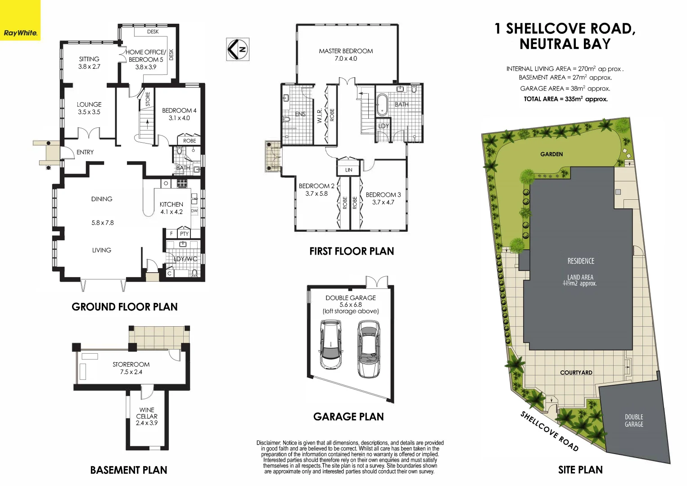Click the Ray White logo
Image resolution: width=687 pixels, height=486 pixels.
click(x=20, y=33)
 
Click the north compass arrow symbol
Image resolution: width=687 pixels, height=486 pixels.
click(x=237, y=49)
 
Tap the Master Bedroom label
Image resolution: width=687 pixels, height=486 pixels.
click(x=346, y=54)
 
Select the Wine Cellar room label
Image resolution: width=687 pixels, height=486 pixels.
click(x=147, y=416)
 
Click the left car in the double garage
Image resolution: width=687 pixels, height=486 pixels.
click(x=330, y=344)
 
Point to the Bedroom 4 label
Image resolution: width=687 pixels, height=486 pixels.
click(x=179, y=114)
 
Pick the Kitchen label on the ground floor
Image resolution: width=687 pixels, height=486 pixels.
click(x=172, y=207)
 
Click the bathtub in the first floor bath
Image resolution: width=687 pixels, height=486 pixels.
click(x=382, y=105)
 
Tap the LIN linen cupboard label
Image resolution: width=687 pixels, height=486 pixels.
click(x=349, y=170)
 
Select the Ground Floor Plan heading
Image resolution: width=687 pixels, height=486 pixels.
click(x=125, y=307)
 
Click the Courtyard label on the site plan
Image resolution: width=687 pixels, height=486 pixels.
click(x=576, y=373)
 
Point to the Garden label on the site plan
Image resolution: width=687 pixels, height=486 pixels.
click(x=551, y=154)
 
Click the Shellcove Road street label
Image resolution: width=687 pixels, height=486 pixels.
click(x=549, y=431)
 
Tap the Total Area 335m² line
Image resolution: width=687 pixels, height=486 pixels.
click(x=565, y=99)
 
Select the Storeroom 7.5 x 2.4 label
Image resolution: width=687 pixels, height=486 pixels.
click(x=131, y=368)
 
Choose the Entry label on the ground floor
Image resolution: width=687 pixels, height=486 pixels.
click(x=85, y=152)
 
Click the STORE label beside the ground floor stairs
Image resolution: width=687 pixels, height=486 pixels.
click(x=148, y=99)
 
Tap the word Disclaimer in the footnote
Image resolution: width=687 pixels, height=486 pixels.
click(x=268, y=443)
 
